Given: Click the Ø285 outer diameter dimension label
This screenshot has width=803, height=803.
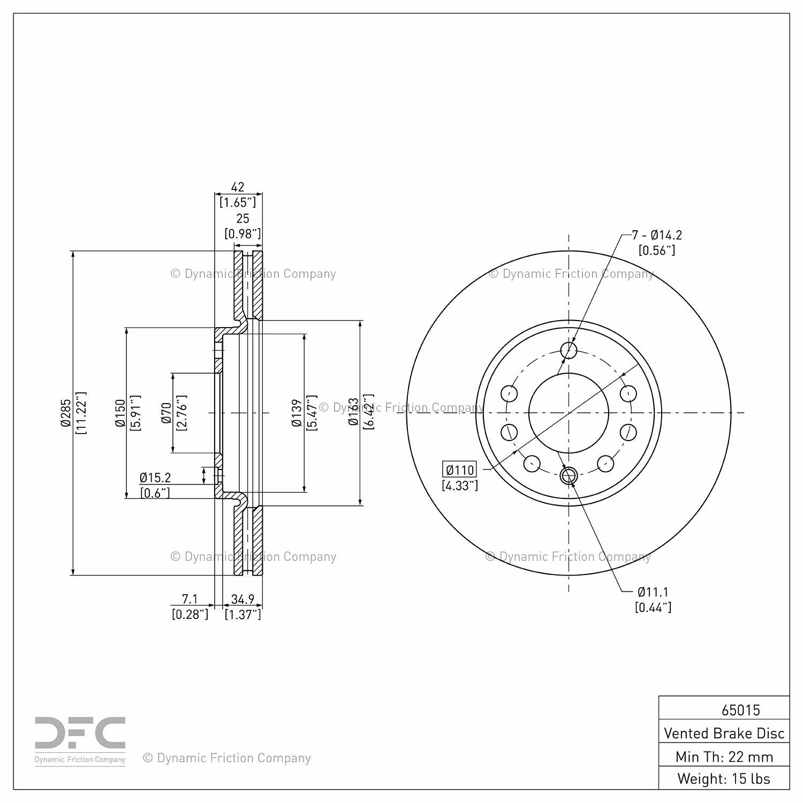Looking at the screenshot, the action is coord(66,413).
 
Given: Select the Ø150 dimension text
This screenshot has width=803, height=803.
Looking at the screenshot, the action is coord(120,413).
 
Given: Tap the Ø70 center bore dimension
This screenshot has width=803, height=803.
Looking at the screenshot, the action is coord(166,413).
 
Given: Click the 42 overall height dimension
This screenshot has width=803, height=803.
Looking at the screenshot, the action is coord(238,187).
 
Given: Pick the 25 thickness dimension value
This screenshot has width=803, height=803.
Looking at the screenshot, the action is coord(243,218).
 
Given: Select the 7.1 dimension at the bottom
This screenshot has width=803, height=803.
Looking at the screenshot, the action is coord(190,599).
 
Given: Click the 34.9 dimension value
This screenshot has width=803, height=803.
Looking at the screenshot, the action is coord(243,599).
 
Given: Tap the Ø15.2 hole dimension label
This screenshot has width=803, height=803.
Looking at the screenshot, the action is coord(155,478).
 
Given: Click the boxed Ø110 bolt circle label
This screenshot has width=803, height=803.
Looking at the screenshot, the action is coord(460,470).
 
